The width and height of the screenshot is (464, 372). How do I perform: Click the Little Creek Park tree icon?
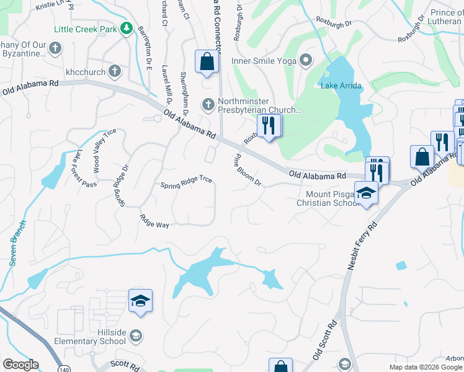pyautogui.click(x=127, y=29)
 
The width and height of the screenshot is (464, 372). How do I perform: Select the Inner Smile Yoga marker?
pyautogui.click(x=305, y=61)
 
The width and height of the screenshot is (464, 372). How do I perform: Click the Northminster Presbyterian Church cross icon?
pyautogui.click(x=208, y=104)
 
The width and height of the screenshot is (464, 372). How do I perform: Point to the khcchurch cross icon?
pyautogui.click(x=114, y=71)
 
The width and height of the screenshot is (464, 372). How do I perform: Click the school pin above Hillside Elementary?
pyautogui.click(x=141, y=301)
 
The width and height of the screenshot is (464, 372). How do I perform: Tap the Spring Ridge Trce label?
pyautogui.click(x=187, y=182)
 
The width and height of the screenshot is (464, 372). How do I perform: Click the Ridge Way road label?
pyautogui.click(x=154, y=221)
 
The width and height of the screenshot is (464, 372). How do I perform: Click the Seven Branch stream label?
pyautogui.click(x=17, y=243)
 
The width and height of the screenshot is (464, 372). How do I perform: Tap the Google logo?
pyautogui.click(x=20, y=365)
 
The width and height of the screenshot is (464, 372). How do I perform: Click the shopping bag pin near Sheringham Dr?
pyautogui.click(x=207, y=62)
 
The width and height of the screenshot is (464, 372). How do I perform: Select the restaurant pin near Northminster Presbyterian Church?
pyautogui.click(x=269, y=126)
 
